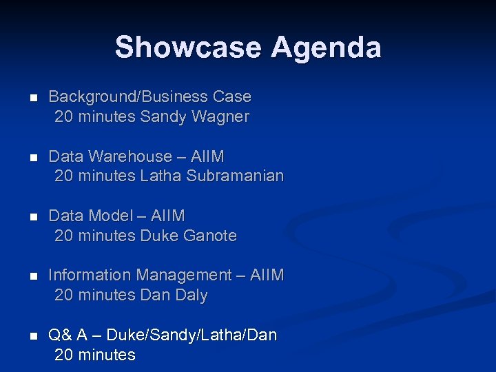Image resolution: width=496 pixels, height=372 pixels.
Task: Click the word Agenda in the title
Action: tap(326, 48)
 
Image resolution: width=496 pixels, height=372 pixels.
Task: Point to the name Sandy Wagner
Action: tap(194, 116)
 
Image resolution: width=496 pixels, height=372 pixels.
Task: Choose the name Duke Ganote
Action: tap(188, 236)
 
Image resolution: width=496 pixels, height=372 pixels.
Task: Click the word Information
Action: tap(90, 275)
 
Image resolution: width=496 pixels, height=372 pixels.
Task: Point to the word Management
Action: tap(184, 275)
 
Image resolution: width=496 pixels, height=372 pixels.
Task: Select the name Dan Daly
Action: tap(174, 295)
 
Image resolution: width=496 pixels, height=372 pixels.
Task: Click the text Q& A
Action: tap(68, 335)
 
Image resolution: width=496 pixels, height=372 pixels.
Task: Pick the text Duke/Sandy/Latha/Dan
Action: tap(197, 335)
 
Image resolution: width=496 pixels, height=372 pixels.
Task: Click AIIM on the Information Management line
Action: tap(267, 275)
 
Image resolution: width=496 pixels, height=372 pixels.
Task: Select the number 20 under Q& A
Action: tap(63, 355)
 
